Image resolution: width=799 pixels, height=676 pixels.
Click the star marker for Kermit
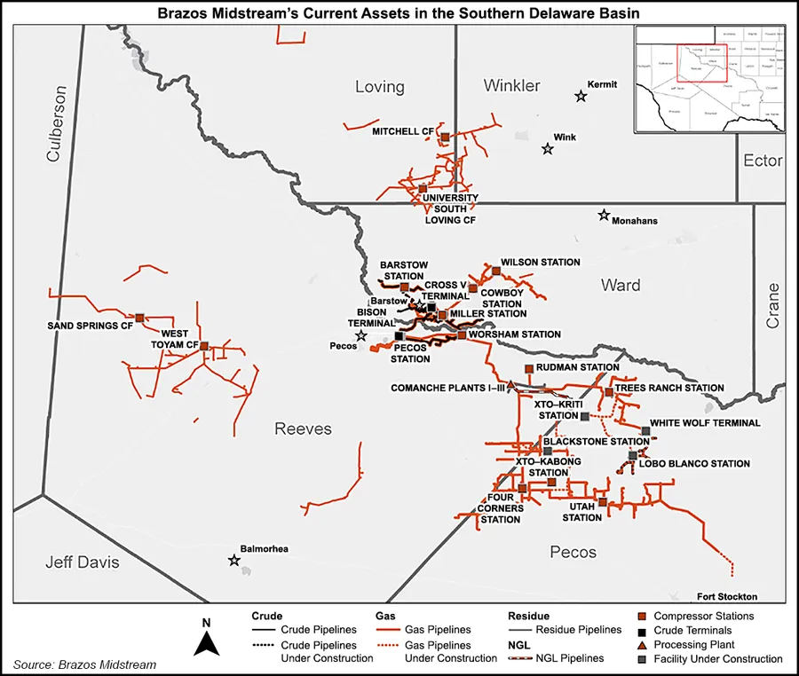(581, 96)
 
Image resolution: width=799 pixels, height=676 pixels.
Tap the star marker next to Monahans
(604, 215)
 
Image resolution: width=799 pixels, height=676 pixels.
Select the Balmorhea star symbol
(234, 560)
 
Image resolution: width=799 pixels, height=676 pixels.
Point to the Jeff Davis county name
(82, 562)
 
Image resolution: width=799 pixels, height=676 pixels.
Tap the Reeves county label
(303, 429)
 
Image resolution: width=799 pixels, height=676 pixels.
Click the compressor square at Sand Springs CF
(140, 317)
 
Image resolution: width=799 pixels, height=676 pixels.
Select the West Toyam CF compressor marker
(204, 346)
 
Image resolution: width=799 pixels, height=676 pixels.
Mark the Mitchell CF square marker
(445, 137)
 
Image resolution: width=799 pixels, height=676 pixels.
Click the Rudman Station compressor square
(529, 368)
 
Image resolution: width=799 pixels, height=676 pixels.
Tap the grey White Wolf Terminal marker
(645, 431)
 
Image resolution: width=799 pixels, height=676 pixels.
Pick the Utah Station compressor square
(603, 502)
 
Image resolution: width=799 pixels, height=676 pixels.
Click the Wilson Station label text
(540, 263)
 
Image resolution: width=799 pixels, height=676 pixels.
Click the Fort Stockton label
(727, 596)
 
